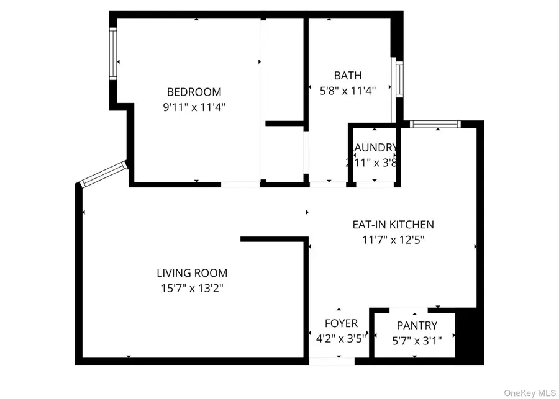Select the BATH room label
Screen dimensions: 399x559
[x=347, y=76]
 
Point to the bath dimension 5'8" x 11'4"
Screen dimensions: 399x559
[x=347, y=91]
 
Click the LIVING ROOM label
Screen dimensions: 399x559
[x=191, y=272]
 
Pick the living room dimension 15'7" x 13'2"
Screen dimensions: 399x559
[x=191, y=288]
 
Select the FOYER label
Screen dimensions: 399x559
[x=341, y=323]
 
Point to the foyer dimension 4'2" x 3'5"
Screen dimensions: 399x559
[x=339, y=338]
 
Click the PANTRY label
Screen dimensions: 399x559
[x=417, y=325]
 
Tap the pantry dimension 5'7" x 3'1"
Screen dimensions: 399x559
[x=417, y=340]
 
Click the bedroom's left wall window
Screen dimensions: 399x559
[x=114, y=54]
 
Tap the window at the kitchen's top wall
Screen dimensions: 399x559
[x=435, y=124]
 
